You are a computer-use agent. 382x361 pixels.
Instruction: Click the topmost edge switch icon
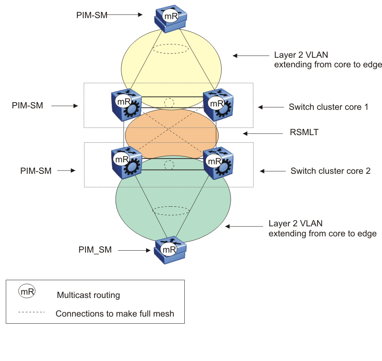pyautogui.click(x=170, y=19)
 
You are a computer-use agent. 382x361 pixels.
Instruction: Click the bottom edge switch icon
pyautogui.click(x=170, y=250)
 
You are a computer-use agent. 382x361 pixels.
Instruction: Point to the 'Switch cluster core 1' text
pyautogui.click(x=329, y=107)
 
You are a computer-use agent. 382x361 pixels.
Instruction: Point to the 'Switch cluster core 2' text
pyautogui.click(x=330, y=170)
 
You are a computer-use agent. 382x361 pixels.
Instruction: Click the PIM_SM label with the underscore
pyautogui.click(x=95, y=249)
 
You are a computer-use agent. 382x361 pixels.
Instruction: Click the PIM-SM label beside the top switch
pyautogui.click(x=92, y=15)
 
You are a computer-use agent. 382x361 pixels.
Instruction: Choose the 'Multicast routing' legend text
pyautogui.click(x=88, y=295)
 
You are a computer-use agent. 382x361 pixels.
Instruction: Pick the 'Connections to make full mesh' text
pyautogui.click(x=115, y=314)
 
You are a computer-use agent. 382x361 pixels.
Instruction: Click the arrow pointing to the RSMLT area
pyautogui.click(x=254, y=133)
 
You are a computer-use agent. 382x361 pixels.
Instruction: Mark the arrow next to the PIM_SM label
pyautogui.click(x=132, y=249)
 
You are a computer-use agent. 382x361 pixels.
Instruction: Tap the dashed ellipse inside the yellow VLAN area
pyautogui.click(x=171, y=48)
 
